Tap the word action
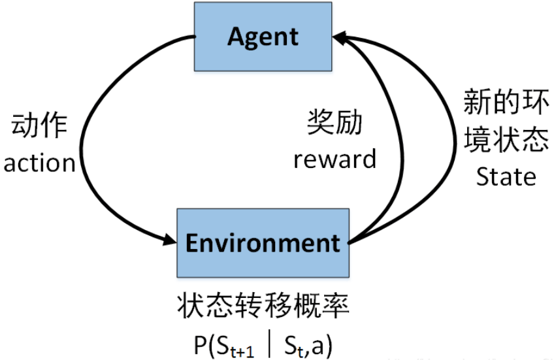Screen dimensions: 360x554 coord(40,163)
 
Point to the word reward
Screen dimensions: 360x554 coord(334,159)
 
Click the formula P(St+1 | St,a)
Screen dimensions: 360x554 coord(263,343)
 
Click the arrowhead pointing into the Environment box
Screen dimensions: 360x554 coord(169,242)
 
